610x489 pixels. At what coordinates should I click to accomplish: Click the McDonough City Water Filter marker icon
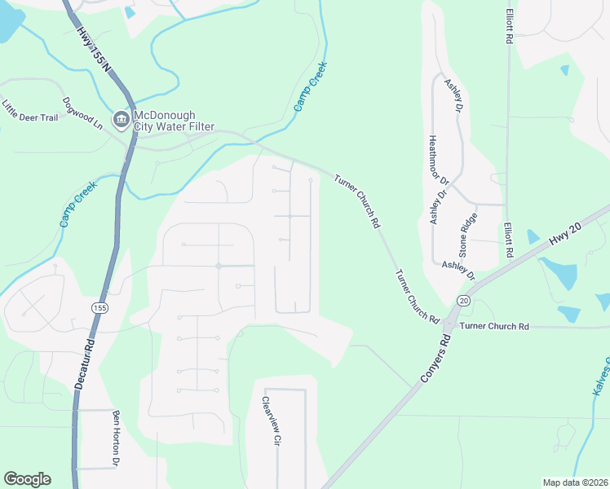click(x=122, y=120)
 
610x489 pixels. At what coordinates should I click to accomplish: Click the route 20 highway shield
click(x=464, y=301)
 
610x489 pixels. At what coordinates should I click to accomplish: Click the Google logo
click(x=27, y=479)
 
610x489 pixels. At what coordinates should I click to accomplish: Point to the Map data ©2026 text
click(x=575, y=482)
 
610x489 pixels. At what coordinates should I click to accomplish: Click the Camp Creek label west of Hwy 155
click(x=78, y=203)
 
